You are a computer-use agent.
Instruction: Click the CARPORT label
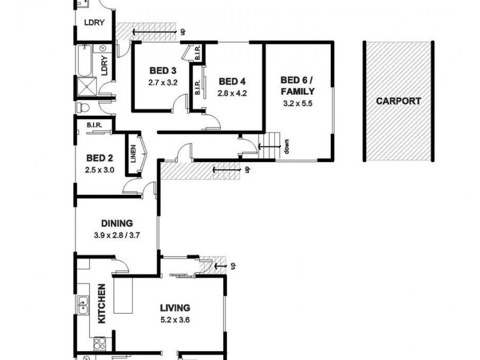(398, 101)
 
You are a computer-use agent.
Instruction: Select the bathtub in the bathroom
(83, 62)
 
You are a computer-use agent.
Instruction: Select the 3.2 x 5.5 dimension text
(298, 103)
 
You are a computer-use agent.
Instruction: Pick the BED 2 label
(100, 158)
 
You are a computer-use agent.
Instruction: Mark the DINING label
(117, 223)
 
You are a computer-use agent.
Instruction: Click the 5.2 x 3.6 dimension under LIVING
(175, 319)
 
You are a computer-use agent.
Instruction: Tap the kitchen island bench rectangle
(124, 298)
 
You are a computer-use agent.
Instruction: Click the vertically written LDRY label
(104, 65)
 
